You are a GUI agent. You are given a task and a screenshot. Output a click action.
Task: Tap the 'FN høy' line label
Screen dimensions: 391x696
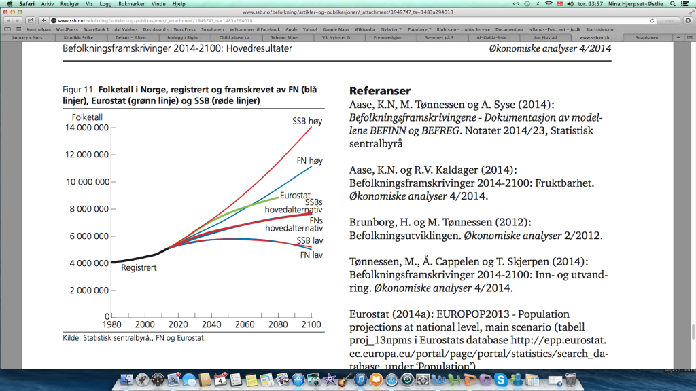click(x=309, y=161)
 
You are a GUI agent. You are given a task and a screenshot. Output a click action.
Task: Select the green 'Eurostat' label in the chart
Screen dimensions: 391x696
click(x=295, y=195)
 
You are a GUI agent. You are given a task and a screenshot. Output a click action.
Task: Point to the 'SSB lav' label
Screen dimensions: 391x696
click(x=309, y=242)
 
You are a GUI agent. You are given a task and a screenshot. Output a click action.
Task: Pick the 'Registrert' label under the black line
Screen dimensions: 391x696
click(x=139, y=268)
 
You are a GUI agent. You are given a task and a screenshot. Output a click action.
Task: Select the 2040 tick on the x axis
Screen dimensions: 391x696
click(x=211, y=324)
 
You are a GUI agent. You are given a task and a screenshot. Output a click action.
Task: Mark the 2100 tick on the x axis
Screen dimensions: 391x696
click(x=311, y=324)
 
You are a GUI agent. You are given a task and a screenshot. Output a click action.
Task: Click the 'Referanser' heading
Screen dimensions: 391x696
click(x=380, y=91)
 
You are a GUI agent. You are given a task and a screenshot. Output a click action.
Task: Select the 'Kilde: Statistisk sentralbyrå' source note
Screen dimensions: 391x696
click(x=134, y=337)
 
